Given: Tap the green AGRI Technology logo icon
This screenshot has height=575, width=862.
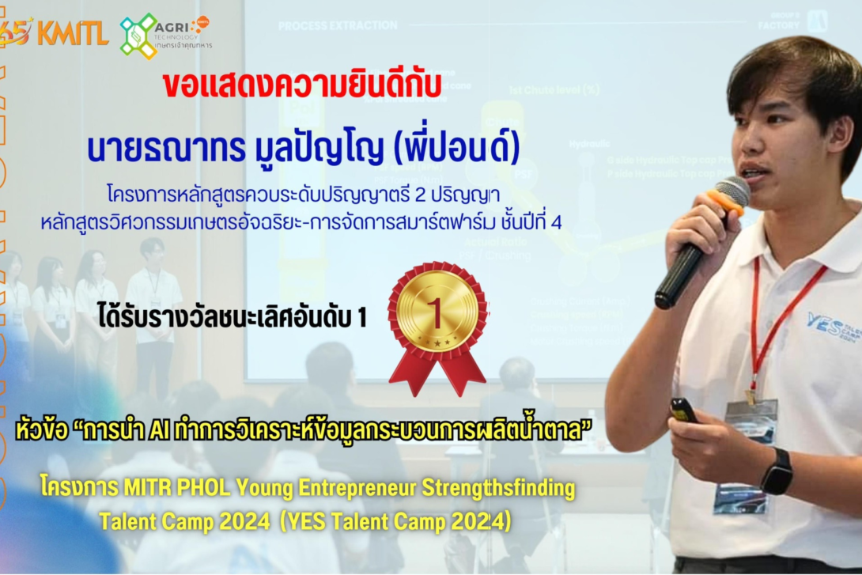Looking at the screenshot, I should [x=138, y=36].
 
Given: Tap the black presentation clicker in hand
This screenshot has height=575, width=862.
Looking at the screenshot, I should [x=682, y=410].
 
